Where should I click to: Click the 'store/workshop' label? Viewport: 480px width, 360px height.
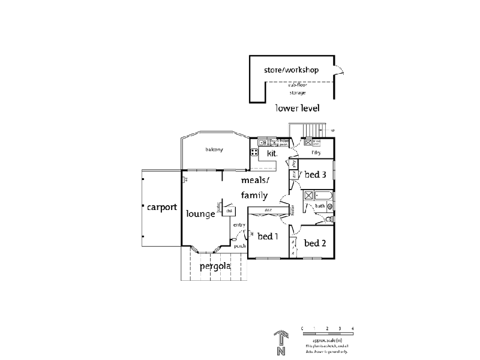pyautogui.click(x=291, y=70)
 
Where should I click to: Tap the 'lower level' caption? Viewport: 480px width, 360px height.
pyautogui.click(x=296, y=109)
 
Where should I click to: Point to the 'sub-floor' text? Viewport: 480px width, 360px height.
pyautogui.click(x=297, y=86)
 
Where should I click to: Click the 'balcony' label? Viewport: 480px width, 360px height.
pyautogui.click(x=214, y=149)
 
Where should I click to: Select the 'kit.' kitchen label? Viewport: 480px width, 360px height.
pyautogui.click(x=272, y=154)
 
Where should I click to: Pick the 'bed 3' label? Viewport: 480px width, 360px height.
pyautogui.click(x=315, y=175)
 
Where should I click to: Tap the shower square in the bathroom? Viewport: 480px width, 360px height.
pyautogui.click(x=308, y=195)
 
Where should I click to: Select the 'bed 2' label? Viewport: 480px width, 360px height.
pyautogui.click(x=314, y=243)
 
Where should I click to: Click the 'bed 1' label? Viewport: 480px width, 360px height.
pyautogui.click(x=268, y=236)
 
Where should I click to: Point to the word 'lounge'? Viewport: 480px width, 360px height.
pyautogui.click(x=200, y=214)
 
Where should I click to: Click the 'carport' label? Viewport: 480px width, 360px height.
pyautogui.click(x=161, y=208)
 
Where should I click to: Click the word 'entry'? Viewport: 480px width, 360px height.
pyautogui.click(x=239, y=225)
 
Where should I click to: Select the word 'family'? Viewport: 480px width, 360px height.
pyautogui.click(x=254, y=195)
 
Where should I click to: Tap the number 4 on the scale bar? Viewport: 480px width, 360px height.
pyautogui.click(x=353, y=329)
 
